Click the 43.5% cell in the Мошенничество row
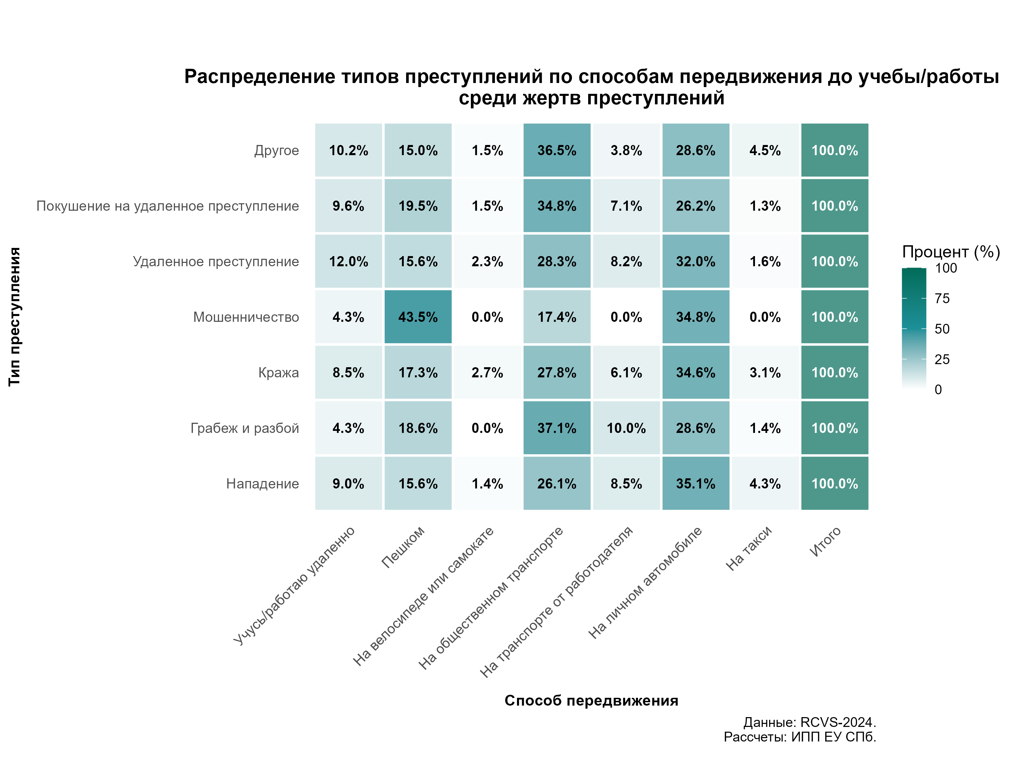coord(418,317)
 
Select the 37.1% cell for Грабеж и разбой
coord(557,427)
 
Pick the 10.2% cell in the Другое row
coord(348,150)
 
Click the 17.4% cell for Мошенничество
coord(557,317)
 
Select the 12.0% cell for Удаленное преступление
coord(348,262)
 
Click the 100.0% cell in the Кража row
coord(834,372)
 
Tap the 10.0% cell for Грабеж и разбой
coord(626,427)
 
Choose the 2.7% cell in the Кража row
coord(487,372)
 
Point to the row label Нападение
coord(262,484)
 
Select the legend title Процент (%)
coord(951,252)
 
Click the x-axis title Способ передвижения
coord(591,700)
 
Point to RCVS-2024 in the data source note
coord(837,722)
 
